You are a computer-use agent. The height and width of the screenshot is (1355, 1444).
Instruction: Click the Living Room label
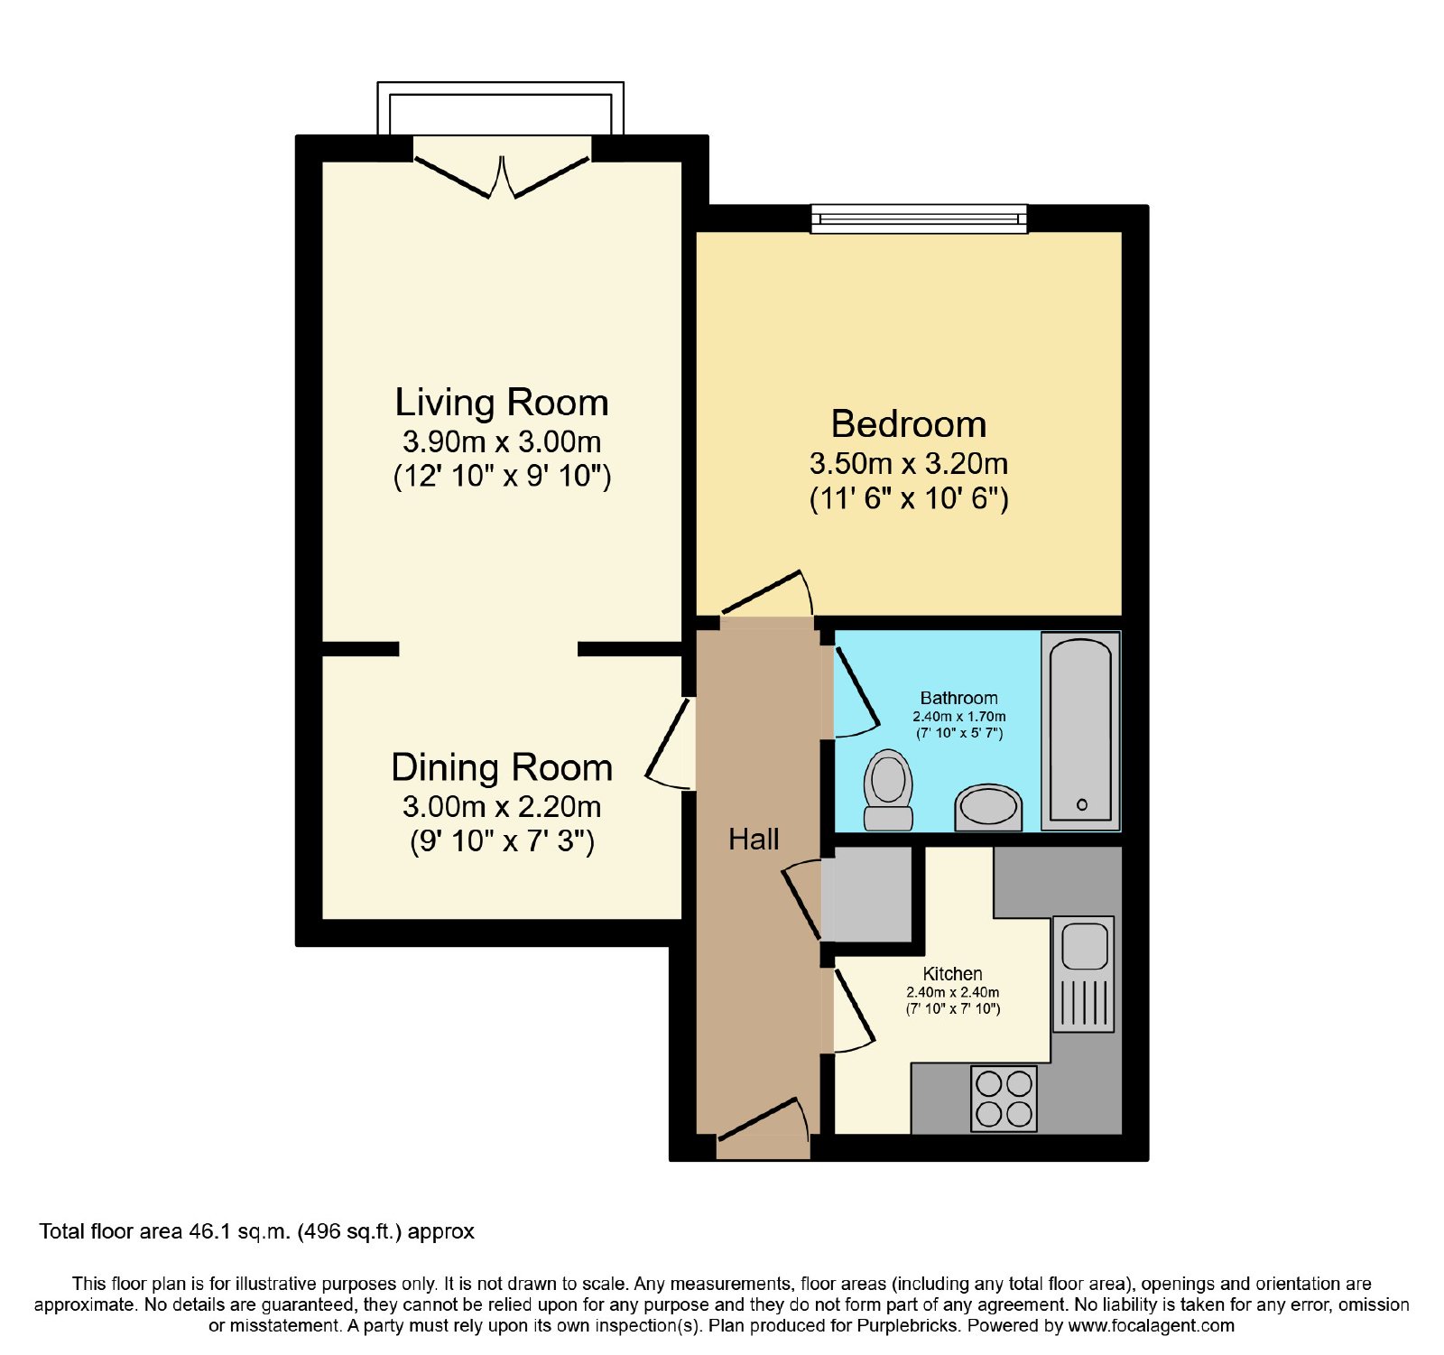(x=502, y=403)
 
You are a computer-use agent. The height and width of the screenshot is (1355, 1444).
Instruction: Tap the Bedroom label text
(x=908, y=424)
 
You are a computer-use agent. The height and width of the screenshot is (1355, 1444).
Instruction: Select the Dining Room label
(x=502, y=768)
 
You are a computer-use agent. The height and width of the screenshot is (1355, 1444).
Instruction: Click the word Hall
(x=754, y=840)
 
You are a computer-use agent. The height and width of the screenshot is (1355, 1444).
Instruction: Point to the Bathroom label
(x=958, y=698)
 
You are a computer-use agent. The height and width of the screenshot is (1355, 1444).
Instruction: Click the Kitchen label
(x=952, y=974)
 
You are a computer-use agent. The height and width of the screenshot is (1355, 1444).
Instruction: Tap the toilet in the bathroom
(x=888, y=790)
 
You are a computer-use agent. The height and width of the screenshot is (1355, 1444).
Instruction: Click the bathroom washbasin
(x=988, y=807)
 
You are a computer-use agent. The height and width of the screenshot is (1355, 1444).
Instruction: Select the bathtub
(x=1080, y=730)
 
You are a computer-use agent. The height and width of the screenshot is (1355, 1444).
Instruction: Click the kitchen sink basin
(x=1084, y=946)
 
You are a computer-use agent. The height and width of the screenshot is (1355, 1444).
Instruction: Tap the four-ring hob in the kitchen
(x=1004, y=1099)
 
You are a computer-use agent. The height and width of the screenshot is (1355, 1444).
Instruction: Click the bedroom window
(x=919, y=218)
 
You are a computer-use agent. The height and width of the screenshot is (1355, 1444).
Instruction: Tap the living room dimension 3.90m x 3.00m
(x=502, y=442)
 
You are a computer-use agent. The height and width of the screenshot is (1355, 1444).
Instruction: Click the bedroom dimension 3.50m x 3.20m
(x=908, y=464)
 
